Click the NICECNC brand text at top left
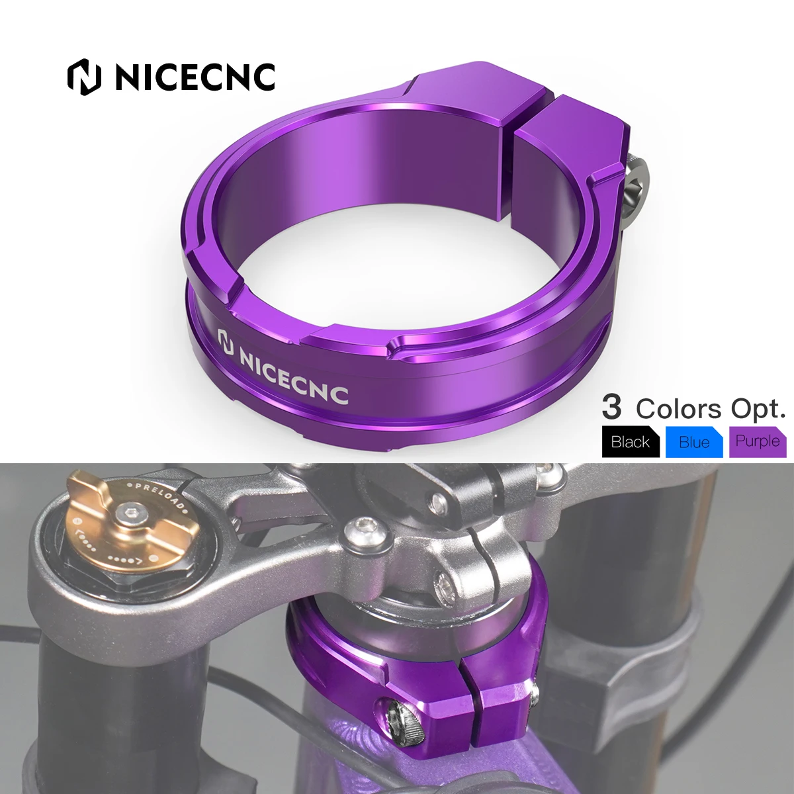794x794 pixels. coord(195,77)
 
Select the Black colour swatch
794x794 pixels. coord(631,441)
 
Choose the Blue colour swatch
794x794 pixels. coord(693,441)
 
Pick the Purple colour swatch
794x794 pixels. coord(757,441)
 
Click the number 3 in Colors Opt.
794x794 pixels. coord(612,408)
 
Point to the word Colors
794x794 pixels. coord(678,409)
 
